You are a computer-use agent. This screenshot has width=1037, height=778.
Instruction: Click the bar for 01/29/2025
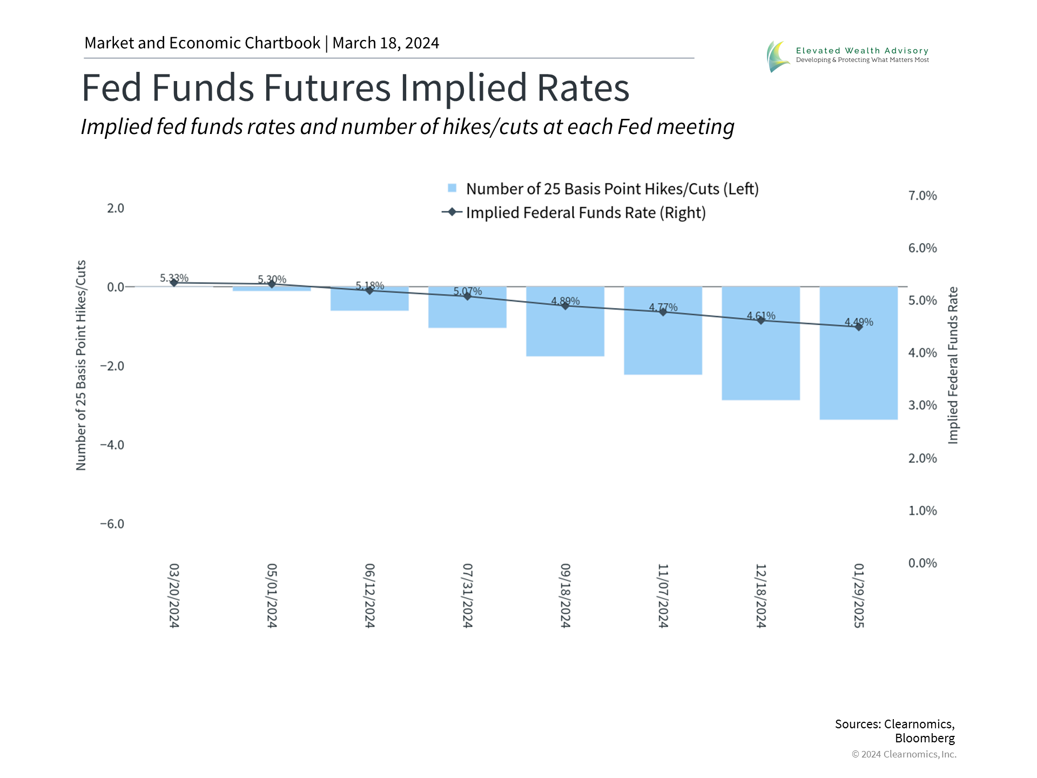[858, 373]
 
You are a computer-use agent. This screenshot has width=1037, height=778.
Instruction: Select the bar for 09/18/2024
[565, 330]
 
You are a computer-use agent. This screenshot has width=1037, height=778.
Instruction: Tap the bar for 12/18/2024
[760, 362]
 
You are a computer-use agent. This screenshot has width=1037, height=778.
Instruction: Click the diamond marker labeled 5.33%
[174, 283]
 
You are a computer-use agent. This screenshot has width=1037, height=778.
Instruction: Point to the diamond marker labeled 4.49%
[859, 327]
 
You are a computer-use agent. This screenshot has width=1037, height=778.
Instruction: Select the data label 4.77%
[663, 307]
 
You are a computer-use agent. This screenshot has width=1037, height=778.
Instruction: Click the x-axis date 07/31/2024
[468, 595]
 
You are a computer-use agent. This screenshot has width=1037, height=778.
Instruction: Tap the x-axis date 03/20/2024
[174, 595]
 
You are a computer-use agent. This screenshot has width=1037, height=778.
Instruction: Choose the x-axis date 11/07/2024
[663, 595]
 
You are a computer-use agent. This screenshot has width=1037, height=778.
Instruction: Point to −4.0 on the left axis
[112, 445]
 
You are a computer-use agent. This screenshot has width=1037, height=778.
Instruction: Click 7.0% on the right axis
[922, 196]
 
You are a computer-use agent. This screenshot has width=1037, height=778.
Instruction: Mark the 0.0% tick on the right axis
[922, 563]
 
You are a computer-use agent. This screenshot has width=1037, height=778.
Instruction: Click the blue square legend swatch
[452, 188]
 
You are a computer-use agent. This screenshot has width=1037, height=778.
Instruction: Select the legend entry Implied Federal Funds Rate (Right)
[585, 213]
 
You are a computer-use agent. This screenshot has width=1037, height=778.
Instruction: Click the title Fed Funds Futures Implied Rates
[355, 88]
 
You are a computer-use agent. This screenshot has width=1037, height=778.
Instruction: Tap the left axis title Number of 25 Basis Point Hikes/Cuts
[81, 365]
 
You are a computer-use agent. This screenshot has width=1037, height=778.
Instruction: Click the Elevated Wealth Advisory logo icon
[778, 56]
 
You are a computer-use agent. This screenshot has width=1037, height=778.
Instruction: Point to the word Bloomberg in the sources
[925, 738]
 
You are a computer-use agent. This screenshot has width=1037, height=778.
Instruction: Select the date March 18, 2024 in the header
[386, 43]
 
